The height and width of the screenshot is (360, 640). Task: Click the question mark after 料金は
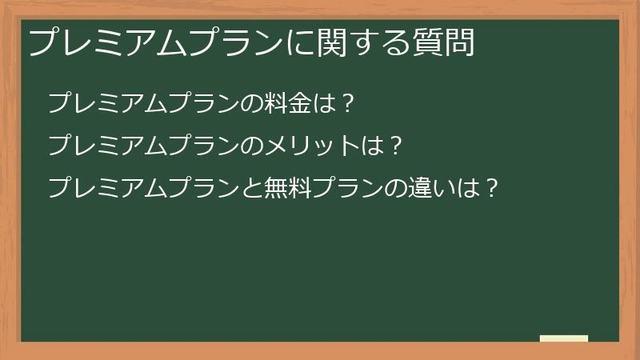point(348,103)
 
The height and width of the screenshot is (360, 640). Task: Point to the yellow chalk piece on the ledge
point(564,338)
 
